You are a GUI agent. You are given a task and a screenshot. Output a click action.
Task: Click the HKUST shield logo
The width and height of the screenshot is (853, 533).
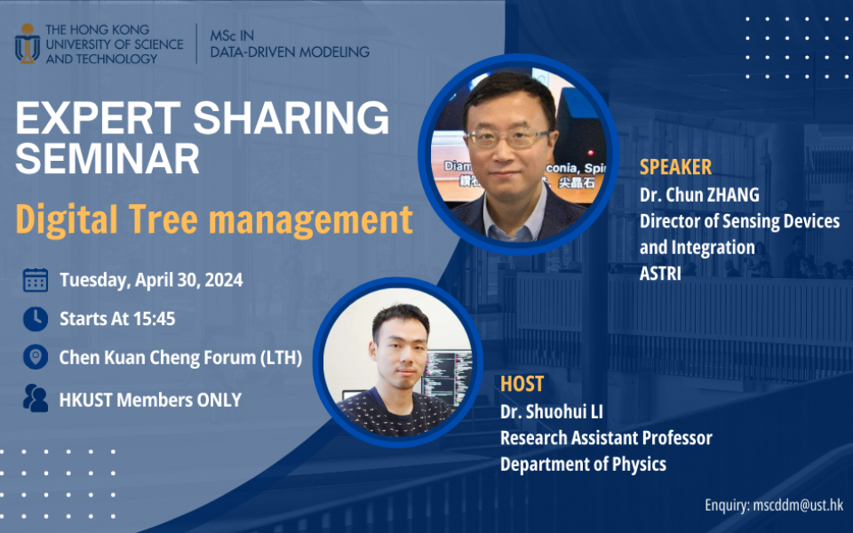pos(28,42)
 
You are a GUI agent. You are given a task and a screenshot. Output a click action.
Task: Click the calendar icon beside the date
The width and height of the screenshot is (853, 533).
pos(36,280)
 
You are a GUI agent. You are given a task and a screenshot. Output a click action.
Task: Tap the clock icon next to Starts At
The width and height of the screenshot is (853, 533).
pos(36,318)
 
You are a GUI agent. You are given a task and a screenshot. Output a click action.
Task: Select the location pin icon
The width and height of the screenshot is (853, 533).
pos(36,357)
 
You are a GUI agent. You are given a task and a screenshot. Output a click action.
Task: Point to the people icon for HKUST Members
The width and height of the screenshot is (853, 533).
pos(36,399)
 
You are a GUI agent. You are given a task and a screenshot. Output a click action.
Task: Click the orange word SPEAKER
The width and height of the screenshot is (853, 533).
pos(675,167)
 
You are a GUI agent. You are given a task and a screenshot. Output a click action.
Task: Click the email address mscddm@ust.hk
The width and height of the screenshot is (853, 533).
pos(798,505)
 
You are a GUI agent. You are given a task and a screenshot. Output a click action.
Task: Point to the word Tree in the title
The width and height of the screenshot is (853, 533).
pos(183,219)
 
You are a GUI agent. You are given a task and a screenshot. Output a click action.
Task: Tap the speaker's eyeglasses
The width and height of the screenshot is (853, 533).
pos(507,139)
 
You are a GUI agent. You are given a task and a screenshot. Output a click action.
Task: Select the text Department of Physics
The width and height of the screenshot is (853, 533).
pos(583,464)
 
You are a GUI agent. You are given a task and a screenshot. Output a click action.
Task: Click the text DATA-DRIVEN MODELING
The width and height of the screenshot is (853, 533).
pos(290,52)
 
